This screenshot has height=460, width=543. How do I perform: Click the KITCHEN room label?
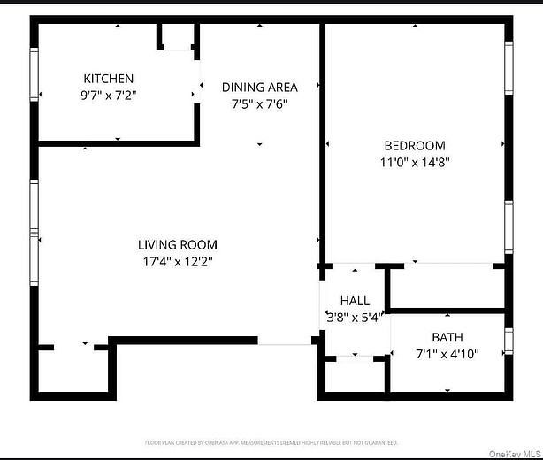109,78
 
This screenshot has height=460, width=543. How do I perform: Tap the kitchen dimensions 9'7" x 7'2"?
109,93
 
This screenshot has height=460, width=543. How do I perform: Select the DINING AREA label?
259,87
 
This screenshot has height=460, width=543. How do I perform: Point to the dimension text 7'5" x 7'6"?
259,103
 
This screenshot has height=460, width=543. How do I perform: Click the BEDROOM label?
414,146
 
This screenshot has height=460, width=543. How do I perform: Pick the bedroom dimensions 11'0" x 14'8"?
414,162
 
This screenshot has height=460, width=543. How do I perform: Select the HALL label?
355,301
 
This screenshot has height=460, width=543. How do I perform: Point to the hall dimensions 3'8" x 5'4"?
355,317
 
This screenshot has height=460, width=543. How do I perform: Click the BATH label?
447,337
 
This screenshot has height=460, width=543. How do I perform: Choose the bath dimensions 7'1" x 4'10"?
447,353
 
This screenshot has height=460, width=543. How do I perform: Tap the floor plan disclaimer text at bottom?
271,442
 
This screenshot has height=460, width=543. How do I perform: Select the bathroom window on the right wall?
509,341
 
